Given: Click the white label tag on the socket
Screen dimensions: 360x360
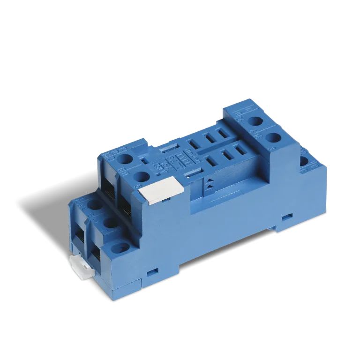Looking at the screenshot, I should [x=161, y=191].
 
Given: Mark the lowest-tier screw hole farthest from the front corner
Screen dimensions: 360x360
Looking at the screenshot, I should [x=95, y=204].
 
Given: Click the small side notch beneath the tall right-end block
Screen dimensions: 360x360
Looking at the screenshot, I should [x=287, y=217].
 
